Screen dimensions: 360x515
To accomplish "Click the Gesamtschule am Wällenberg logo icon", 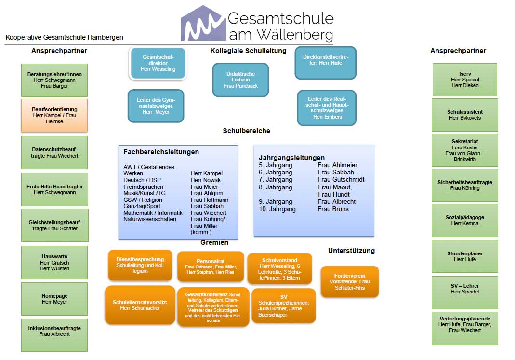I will pos(202,24).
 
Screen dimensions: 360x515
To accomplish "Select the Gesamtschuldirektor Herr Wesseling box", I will pos(158,63).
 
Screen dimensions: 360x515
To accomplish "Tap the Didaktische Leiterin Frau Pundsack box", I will pos(240,80).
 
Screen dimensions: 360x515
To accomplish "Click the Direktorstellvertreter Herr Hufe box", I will pos(325,63).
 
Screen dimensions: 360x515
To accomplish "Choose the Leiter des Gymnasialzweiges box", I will pos(156,106).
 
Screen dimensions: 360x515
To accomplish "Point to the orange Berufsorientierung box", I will pos(54,115).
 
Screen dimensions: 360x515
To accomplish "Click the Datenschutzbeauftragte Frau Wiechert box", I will pos(54,152).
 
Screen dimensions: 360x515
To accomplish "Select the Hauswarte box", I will pos(54,262).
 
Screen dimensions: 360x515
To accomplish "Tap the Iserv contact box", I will pos(464,80).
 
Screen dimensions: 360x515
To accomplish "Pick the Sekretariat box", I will pos(464,150).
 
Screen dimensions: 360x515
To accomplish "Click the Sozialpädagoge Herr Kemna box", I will pos(464,220).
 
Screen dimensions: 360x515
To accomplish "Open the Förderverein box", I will pos(350,281).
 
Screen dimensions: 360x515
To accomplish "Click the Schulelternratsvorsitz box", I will pos(140,305).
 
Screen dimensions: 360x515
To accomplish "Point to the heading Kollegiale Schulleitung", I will pos(248,51).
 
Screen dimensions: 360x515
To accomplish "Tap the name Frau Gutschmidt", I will pos(341,179).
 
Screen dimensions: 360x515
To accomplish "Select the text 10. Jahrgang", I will pos(277,209).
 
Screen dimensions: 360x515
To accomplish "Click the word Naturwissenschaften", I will pos(150,219).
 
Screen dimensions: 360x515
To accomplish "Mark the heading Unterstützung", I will pos(351,251).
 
